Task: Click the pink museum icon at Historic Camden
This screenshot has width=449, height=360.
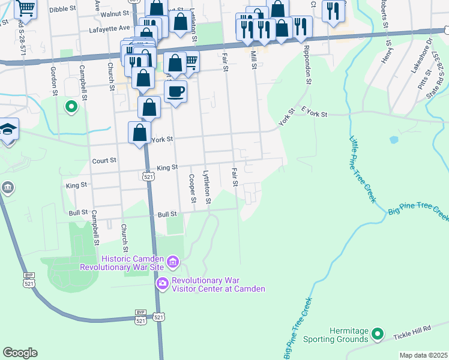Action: [x=173, y=262]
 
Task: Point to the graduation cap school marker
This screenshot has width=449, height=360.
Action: [x=8, y=130]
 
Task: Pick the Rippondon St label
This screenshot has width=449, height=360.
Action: [x=307, y=64]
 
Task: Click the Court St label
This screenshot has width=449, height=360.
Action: [x=104, y=161]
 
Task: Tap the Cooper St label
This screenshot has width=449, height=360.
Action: [x=192, y=188]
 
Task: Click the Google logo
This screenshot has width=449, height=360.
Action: [x=20, y=353]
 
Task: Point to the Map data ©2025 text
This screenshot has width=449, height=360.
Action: [x=423, y=355]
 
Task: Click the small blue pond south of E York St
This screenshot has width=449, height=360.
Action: [x=393, y=140]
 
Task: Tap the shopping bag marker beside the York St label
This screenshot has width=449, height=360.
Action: [x=139, y=133]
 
